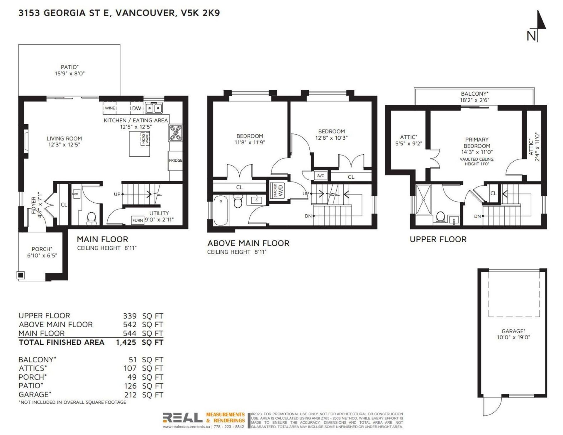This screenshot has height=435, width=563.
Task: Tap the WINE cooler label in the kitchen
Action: [110, 108]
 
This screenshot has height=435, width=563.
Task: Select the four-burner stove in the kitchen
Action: [175, 133]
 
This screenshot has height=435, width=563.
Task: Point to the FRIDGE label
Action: [175, 160]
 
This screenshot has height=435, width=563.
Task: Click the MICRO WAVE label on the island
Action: [145, 138]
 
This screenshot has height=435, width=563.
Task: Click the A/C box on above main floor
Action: [320, 176]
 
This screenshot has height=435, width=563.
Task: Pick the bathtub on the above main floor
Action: [221, 211]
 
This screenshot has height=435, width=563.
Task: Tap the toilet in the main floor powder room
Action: [91, 218]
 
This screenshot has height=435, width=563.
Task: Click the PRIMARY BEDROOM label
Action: [477, 143]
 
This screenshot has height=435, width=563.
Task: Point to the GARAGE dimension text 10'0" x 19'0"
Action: [513, 337]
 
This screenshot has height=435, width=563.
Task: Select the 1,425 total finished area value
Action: [126, 342]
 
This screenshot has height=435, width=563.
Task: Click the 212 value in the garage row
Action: [130, 395]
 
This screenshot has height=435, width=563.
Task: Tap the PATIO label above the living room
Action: [69, 67]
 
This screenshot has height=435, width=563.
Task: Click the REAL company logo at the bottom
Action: [182, 418]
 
